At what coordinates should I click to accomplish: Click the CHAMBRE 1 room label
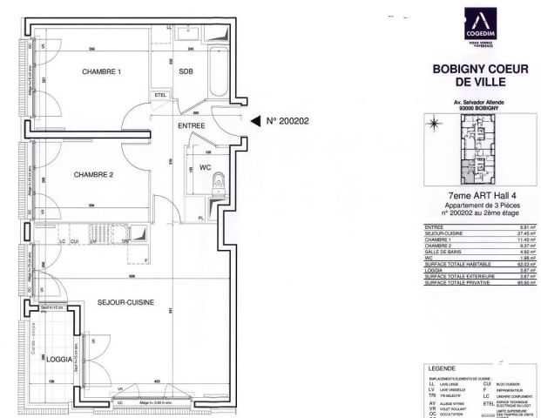(x=102, y=71)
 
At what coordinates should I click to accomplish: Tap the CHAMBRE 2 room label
(x=93, y=173)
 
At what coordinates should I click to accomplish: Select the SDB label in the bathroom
(x=186, y=71)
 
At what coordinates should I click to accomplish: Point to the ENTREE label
(x=191, y=126)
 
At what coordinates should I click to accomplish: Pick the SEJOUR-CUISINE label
(x=125, y=302)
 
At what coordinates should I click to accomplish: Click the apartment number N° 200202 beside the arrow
(x=287, y=122)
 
